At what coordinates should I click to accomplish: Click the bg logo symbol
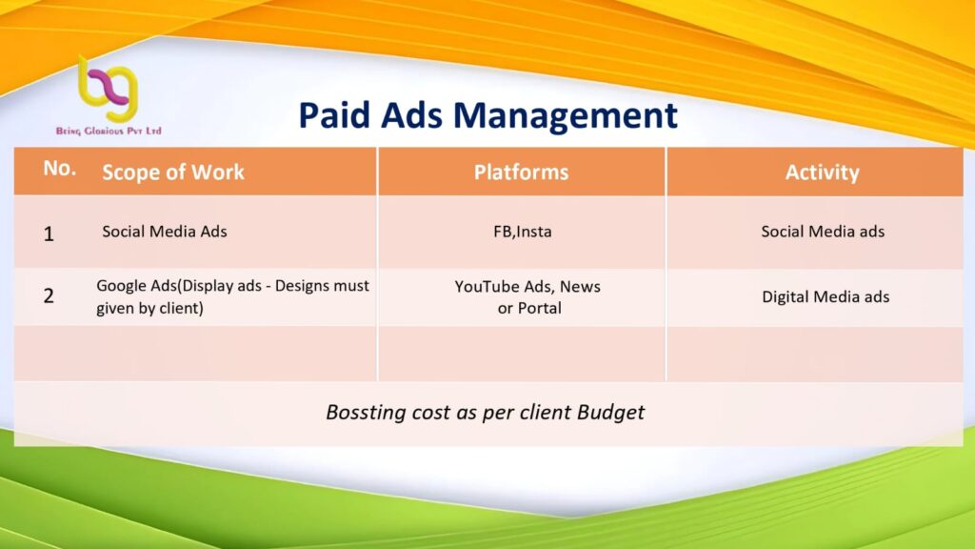(107, 89)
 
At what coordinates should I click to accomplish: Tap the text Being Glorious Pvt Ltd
(109, 131)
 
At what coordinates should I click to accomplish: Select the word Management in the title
(566, 116)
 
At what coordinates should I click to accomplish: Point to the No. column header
(60, 168)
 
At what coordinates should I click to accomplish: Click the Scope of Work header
(173, 172)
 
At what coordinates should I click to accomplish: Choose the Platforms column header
(521, 172)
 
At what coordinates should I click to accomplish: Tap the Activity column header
(822, 173)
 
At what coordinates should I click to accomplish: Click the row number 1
(49, 234)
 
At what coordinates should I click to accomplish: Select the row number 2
(49, 295)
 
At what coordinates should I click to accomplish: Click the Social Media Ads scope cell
(165, 232)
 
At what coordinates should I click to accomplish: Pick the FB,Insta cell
(523, 232)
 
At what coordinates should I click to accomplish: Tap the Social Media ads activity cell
(823, 232)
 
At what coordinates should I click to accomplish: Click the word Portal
(539, 308)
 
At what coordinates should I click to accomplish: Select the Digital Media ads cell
(826, 297)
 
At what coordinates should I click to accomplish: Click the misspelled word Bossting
(366, 412)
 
